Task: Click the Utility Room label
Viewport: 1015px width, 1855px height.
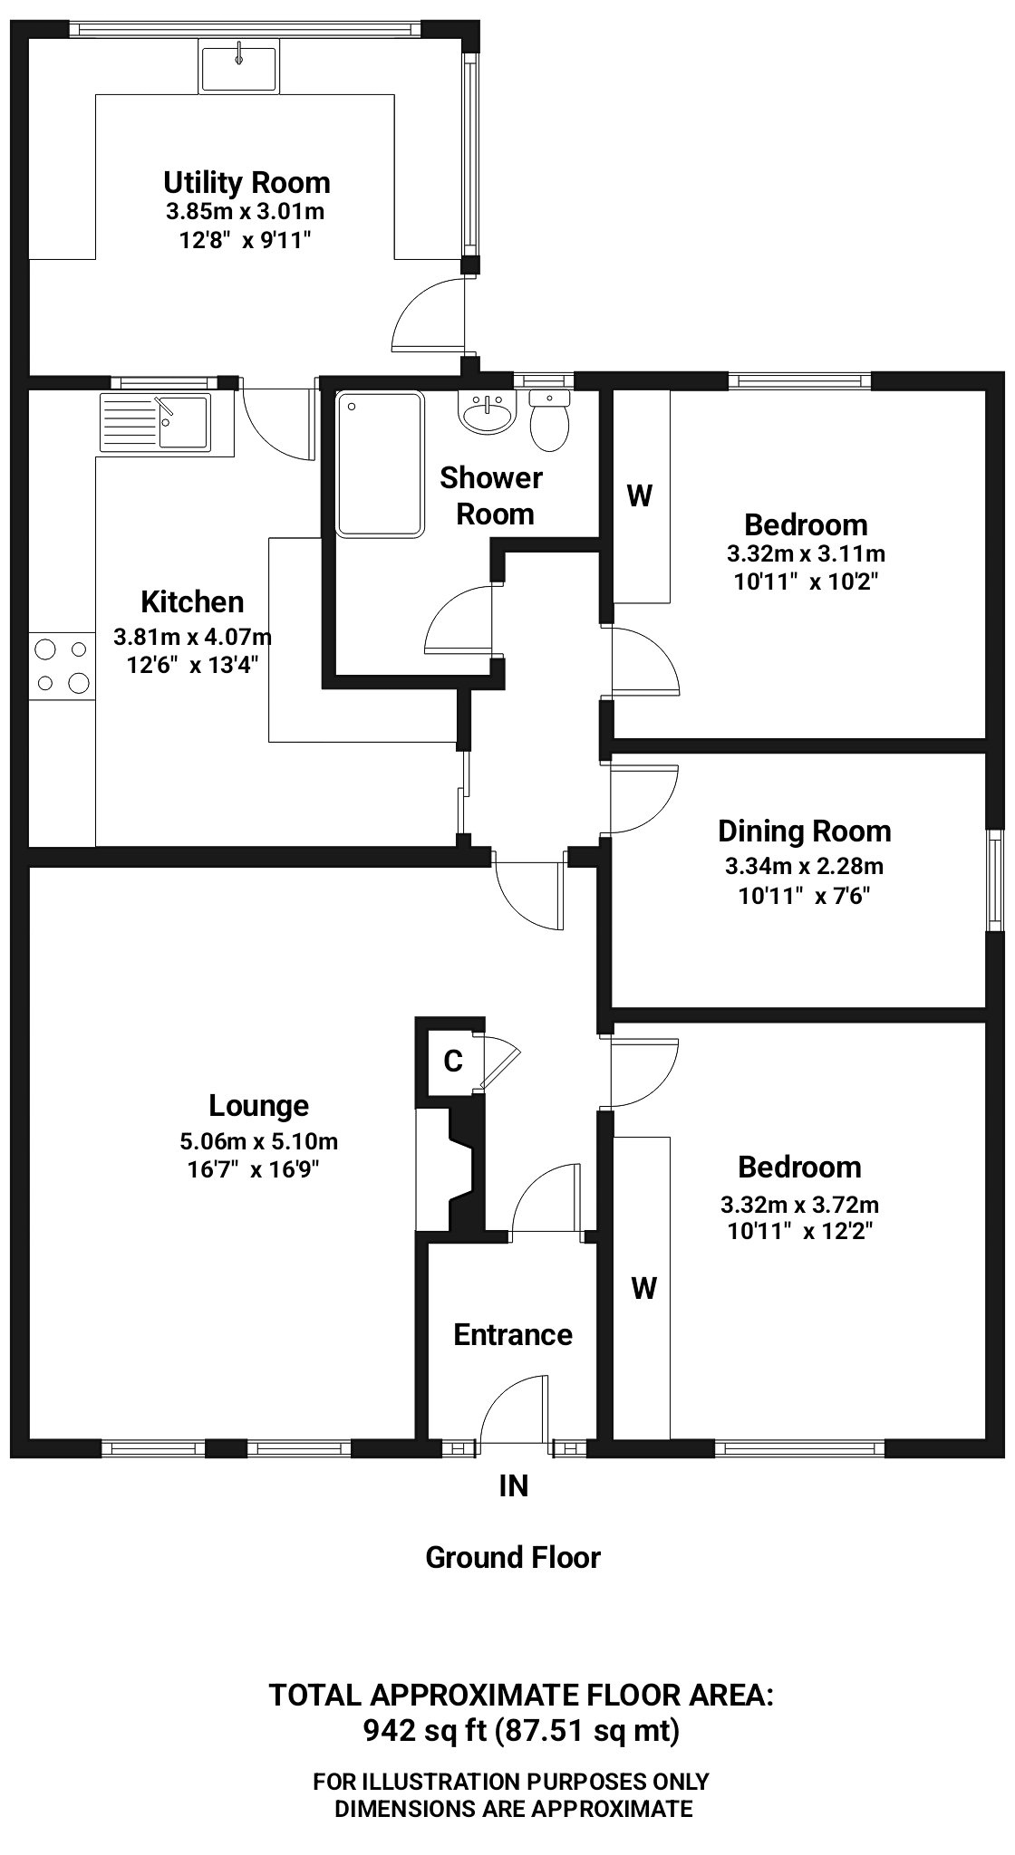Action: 246,183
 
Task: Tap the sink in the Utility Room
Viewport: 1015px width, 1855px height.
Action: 239,68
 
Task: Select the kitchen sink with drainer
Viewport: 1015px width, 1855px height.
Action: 157,421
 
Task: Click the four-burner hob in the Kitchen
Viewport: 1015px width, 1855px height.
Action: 62,665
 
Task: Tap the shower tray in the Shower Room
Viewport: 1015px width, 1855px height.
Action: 380,464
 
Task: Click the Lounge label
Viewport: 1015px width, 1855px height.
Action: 258,1106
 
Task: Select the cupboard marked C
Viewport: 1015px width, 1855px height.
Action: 451,1061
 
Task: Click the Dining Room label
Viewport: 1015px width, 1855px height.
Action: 804,831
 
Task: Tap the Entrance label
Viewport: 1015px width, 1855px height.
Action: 513,1334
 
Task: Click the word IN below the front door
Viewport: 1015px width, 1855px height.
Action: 513,1485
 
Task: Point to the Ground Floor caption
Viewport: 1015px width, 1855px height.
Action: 513,1557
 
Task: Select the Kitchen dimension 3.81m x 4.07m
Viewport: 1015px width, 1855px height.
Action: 192,637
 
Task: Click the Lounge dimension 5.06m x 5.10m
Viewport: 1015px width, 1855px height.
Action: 259,1141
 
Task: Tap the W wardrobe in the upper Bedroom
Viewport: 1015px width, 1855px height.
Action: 640,495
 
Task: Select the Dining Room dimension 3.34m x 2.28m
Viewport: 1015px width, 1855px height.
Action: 804,866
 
